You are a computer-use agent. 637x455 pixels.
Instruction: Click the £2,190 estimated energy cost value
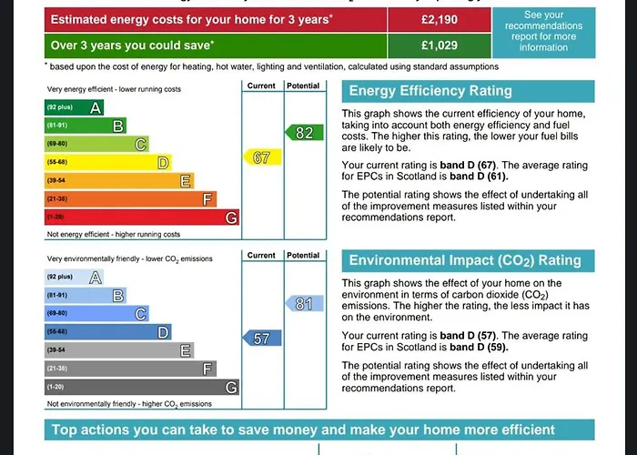click(x=439, y=19)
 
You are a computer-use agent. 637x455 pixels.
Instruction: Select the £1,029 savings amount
click(x=439, y=45)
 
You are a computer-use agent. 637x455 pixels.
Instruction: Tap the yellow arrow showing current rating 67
click(x=260, y=157)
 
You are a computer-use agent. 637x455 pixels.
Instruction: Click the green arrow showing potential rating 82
click(x=301, y=133)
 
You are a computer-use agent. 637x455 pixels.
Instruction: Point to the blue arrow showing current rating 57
click(x=259, y=339)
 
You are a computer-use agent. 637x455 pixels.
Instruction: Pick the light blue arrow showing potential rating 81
click(x=301, y=304)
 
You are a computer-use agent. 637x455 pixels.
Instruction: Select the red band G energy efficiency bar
click(x=142, y=217)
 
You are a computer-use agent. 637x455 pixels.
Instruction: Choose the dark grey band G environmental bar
click(x=142, y=388)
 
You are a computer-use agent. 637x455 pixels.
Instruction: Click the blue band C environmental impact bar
click(x=96, y=314)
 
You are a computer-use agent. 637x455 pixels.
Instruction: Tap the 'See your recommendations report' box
click(x=544, y=32)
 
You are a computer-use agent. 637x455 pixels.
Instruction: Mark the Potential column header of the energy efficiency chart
click(x=303, y=86)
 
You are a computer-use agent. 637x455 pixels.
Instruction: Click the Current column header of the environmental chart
click(x=261, y=256)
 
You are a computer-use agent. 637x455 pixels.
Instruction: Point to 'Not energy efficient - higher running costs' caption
click(x=114, y=234)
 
